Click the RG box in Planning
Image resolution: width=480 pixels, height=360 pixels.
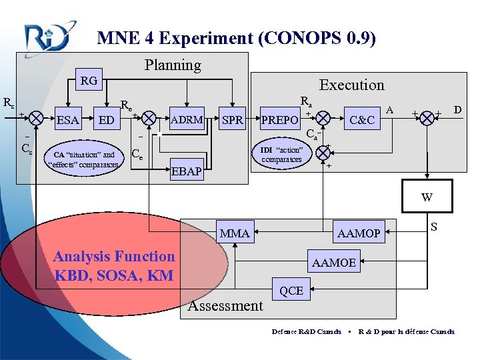coord(89,81)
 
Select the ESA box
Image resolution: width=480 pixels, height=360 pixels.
coord(67,121)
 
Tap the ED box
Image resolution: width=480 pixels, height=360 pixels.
coord(105,121)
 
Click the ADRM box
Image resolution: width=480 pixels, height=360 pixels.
coord(187,121)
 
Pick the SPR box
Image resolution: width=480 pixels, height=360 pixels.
coord(232,121)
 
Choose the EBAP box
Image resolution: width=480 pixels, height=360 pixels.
coord(187,171)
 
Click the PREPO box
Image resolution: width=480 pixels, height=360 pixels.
coord(279,121)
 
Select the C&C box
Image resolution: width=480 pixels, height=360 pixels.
coord(362,121)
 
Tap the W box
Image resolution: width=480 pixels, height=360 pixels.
coord(427,197)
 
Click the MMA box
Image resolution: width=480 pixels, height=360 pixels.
coord(235,233)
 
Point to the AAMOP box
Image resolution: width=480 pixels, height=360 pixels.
coord(359,233)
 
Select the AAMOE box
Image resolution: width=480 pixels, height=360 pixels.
coord(333,263)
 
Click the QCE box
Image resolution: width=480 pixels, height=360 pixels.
coord(291,290)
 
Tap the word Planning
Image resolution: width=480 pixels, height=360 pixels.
coord(173,65)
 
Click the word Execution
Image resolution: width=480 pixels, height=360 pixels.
coord(351,85)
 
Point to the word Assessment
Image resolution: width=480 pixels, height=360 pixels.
coord(226,306)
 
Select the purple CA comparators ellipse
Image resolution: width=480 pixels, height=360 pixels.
coord(84,160)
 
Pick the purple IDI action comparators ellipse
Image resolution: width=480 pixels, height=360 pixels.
coord(281,155)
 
